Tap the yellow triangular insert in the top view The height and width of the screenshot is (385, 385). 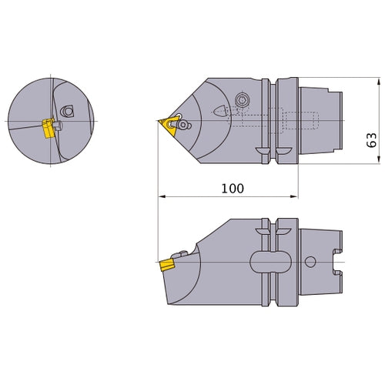(x=167, y=121)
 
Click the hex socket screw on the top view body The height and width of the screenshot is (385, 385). (x=243, y=99)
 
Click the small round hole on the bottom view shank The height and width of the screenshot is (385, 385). (x=311, y=260)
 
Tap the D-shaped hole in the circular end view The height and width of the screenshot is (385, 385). (x=68, y=112)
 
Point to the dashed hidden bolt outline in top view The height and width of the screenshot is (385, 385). (x=281, y=120)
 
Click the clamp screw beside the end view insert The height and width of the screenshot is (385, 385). (x=57, y=122)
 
